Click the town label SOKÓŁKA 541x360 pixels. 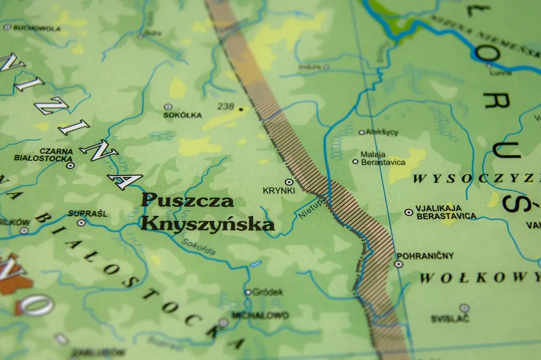[182, 115]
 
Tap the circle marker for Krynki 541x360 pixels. [289, 182]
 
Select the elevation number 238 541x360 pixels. [226, 106]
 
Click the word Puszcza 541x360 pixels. [187, 201]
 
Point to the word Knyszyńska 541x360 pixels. [208, 223]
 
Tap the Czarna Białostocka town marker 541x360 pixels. [70, 165]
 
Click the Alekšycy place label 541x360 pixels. [382, 132]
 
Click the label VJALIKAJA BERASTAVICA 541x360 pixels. [446, 212]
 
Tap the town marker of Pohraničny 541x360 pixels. [399, 264]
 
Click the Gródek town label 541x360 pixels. [268, 292]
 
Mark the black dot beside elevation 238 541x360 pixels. [241, 109]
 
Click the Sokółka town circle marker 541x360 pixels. [168, 106]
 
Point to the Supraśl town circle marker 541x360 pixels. [81, 222]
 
